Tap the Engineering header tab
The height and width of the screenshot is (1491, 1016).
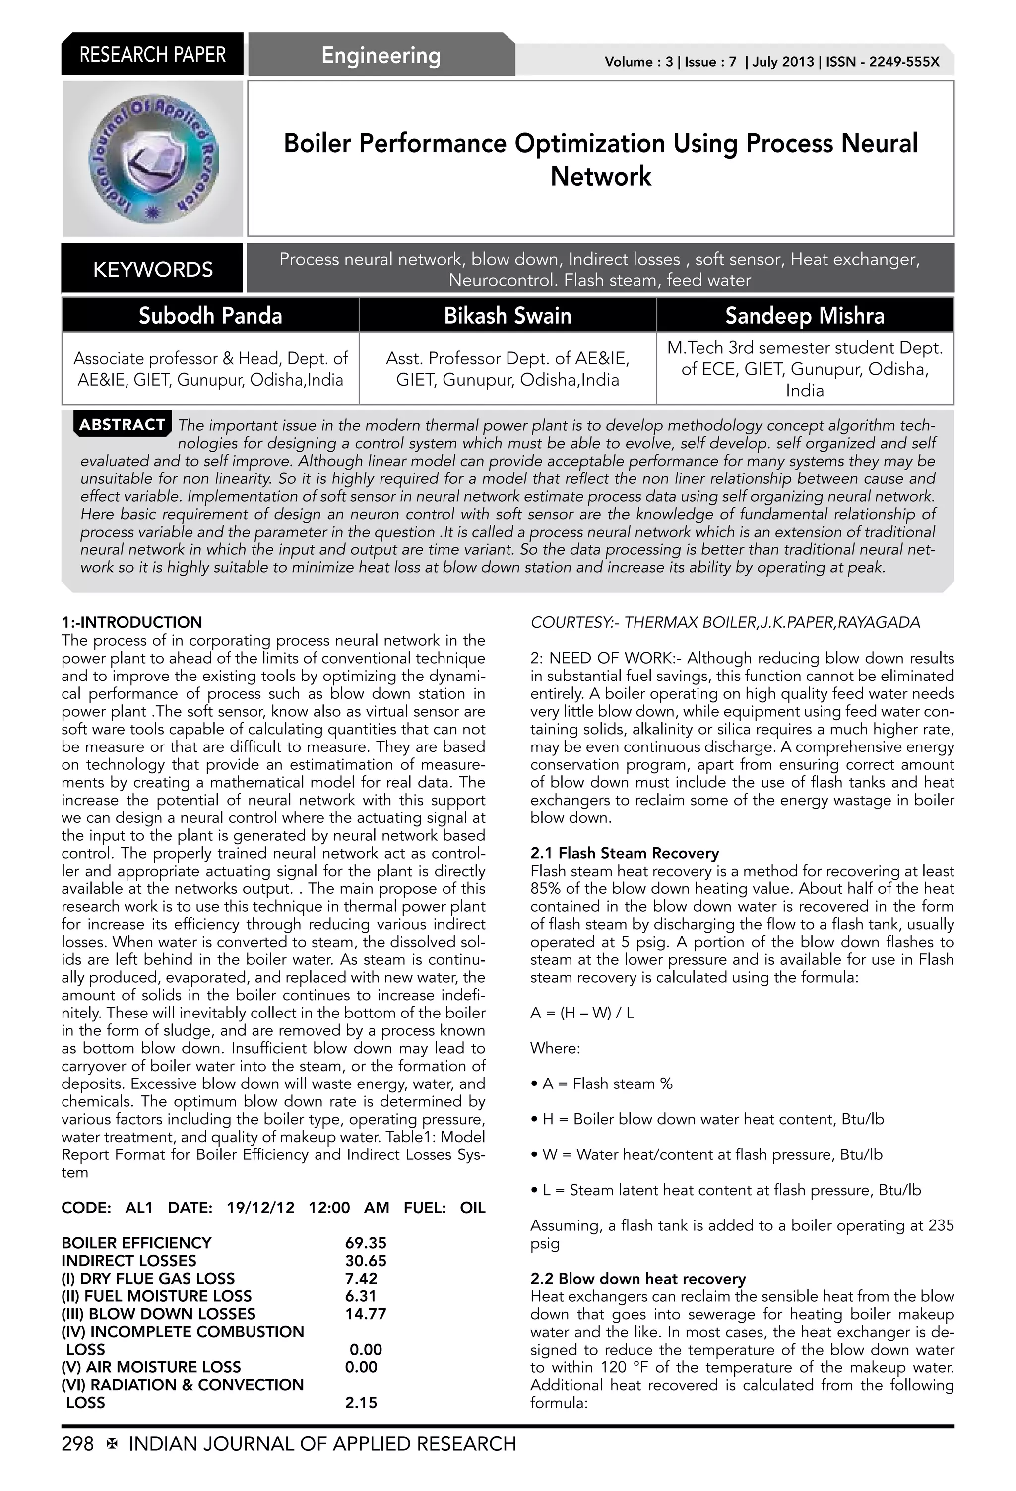[381, 55]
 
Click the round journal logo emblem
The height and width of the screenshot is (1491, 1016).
[153, 158]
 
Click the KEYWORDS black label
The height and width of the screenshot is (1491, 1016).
[153, 270]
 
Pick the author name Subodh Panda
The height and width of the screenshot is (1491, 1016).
[210, 316]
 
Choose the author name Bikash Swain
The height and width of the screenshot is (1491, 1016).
[508, 316]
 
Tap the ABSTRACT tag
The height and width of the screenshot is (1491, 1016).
[122, 425]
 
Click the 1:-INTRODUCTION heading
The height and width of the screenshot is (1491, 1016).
[131, 622]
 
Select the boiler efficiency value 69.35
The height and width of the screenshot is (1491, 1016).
[366, 1243]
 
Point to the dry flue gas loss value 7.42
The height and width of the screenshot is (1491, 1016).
[361, 1278]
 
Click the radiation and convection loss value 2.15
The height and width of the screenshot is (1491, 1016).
[361, 1403]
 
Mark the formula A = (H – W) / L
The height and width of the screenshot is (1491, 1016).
[582, 1013]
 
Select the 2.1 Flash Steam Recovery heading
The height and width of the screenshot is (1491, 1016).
[624, 853]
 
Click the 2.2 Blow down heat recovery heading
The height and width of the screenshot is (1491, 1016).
[637, 1279]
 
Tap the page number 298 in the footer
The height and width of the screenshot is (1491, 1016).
[77, 1444]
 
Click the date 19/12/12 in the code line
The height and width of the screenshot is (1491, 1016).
[260, 1208]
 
